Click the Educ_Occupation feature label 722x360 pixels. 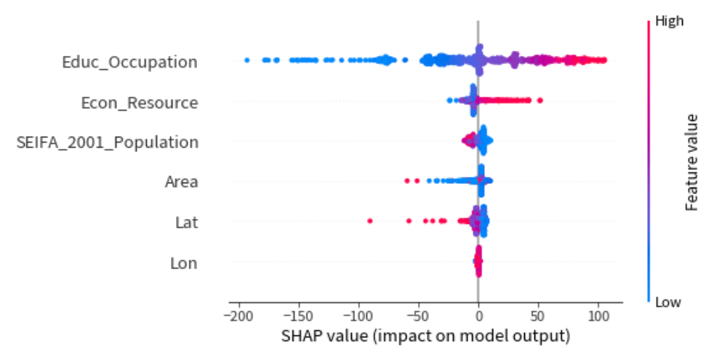pos(129,63)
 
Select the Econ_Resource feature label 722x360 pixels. pos(139,103)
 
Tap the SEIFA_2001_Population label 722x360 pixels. pos(107,142)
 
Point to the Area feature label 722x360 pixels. pos(181,182)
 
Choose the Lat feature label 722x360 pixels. pos(186,222)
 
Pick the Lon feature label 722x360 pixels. pos(183,263)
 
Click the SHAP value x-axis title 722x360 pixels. pos(425,337)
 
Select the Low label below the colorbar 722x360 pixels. pos(668,301)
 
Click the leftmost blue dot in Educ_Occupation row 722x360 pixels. pos(246,60)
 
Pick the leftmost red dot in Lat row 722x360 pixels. pos(370,220)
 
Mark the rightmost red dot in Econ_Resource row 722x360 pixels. pos(540,100)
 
